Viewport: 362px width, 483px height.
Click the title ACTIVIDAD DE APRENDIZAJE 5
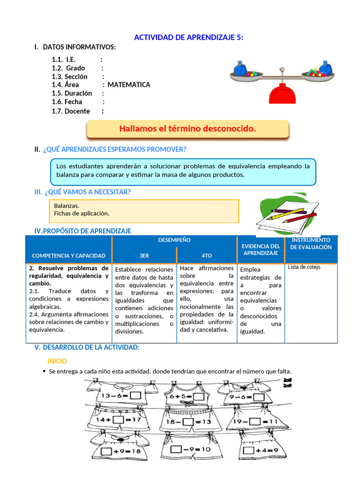(x=189, y=38)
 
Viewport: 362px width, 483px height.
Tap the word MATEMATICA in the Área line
(x=129, y=85)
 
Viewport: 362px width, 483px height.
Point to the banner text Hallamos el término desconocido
(x=188, y=129)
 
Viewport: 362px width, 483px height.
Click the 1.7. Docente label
(x=71, y=111)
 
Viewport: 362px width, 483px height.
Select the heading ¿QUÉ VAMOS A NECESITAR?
(x=88, y=192)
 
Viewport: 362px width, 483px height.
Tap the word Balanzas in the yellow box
(x=66, y=206)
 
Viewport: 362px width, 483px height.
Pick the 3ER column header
(x=144, y=256)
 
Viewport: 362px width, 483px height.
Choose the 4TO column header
(x=206, y=256)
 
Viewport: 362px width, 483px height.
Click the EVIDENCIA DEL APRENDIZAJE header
(x=261, y=250)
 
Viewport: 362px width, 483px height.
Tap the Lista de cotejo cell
(x=305, y=267)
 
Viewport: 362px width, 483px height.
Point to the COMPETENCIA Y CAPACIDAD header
(x=69, y=256)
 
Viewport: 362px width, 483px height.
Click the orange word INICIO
(x=57, y=361)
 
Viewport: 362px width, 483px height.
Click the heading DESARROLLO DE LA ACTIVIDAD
(x=91, y=347)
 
